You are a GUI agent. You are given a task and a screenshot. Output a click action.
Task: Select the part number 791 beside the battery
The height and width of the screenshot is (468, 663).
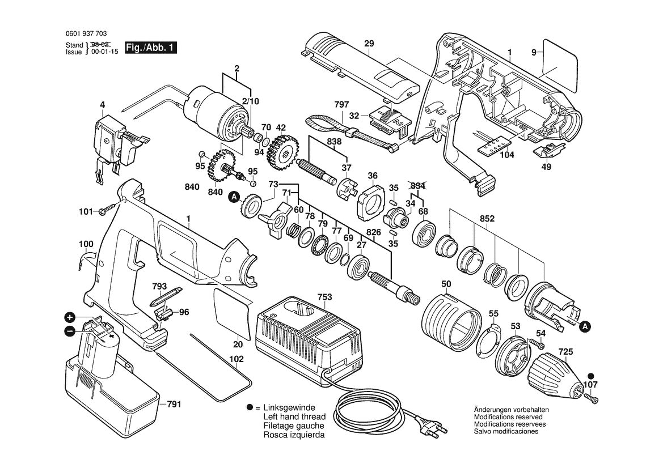(x=175, y=405)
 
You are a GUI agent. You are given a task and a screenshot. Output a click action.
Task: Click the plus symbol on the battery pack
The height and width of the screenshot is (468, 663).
(x=69, y=318)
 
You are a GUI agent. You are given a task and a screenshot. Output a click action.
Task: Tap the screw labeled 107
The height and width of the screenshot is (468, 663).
(x=593, y=399)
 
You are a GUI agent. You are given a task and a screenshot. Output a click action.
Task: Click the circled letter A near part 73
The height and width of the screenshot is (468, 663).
(x=233, y=197)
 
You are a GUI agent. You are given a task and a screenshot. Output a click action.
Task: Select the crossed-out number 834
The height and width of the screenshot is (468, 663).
(x=417, y=186)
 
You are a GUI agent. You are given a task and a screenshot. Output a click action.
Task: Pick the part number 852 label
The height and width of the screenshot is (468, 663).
(x=487, y=219)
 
